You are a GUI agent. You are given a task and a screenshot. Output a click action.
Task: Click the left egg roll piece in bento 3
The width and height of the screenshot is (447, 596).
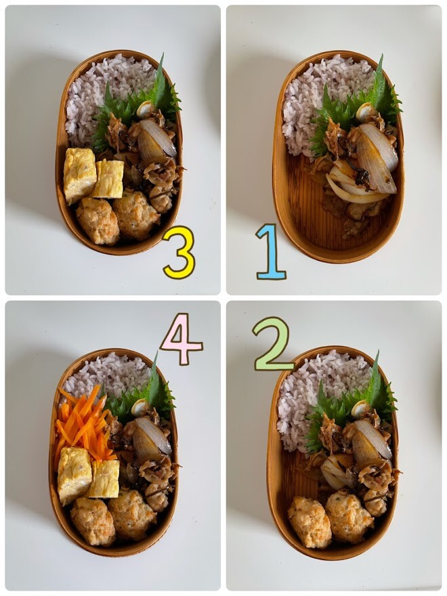click(x=79, y=175)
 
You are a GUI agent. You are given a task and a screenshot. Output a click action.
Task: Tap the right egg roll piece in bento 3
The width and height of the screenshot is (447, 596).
click(x=108, y=179)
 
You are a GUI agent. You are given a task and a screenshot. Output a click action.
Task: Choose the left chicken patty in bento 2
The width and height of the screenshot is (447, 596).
click(x=310, y=521)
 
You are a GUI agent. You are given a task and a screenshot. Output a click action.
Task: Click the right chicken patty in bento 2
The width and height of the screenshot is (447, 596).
click(x=349, y=516)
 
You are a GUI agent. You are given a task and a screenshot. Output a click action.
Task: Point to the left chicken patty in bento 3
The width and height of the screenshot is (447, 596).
click(x=98, y=221)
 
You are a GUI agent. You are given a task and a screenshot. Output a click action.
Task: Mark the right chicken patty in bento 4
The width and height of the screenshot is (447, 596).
click(x=131, y=514)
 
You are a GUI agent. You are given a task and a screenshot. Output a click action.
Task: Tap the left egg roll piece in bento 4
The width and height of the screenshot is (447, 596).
click(x=74, y=475)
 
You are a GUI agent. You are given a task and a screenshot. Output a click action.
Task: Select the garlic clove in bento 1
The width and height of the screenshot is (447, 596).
click(x=365, y=111)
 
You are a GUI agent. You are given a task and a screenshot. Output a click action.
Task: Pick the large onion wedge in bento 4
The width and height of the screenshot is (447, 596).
click(x=152, y=441)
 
